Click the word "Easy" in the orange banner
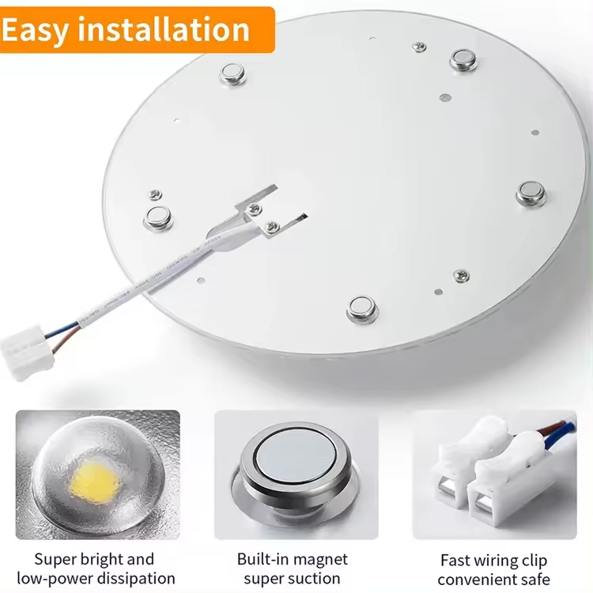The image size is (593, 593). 35,30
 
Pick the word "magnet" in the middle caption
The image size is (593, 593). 318,560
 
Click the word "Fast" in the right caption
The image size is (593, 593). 456,560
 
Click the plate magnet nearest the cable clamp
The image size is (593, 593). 158,218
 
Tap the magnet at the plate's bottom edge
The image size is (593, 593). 362,308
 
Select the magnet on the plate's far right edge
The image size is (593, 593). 531,193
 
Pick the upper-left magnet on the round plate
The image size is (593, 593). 232,74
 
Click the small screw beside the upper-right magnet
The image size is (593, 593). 419,47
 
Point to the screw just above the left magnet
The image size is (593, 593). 155,195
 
